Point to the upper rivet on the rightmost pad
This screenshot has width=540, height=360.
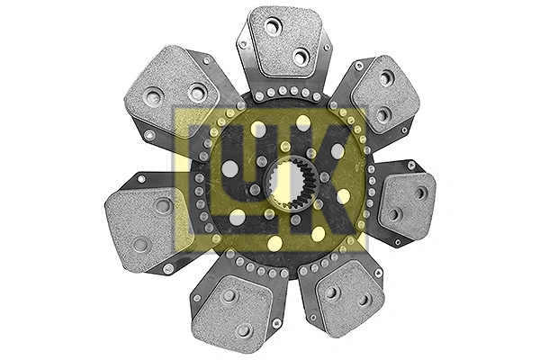pyautogui.click(x=420, y=193)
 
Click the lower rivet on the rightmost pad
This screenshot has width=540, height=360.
pyautogui.click(x=395, y=215)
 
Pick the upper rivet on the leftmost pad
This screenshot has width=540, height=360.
pyautogui.click(x=163, y=205)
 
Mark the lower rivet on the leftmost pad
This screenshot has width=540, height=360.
pyautogui.click(x=141, y=244)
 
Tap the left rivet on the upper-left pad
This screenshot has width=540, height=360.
pyautogui.click(x=154, y=95)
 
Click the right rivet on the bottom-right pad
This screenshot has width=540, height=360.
pyautogui.click(x=364, y=300)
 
